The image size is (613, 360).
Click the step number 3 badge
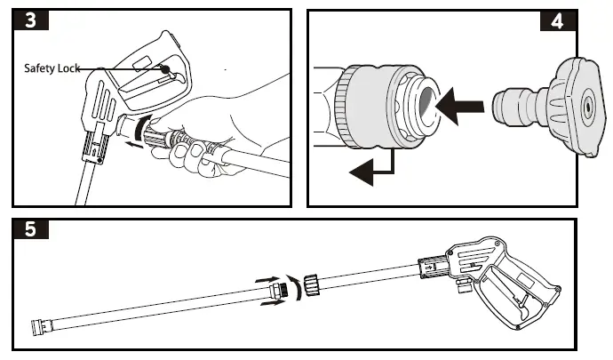[31, 20]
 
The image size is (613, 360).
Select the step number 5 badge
[31, 230]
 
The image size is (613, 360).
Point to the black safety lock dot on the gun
[166, 68]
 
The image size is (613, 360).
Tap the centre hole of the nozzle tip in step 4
[586, 106]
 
